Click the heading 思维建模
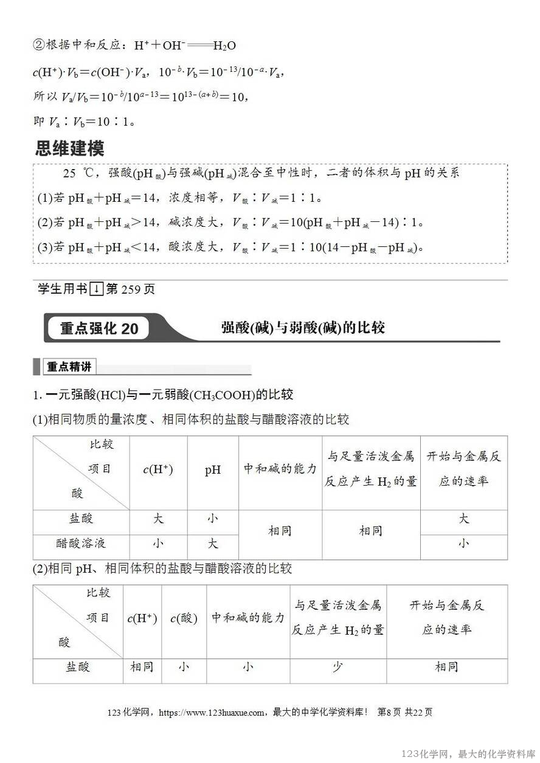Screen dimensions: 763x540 (x=70, y=148)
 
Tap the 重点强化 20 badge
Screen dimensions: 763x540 (x=99, y=329)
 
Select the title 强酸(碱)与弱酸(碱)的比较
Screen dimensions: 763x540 (x=303, y=328)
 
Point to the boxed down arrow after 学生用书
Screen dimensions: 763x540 (x=96, y=289)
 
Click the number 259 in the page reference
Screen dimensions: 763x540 (x=131, y=289)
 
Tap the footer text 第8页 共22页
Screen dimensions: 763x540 (x=405, y=713)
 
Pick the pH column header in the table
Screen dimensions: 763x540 (x=212, y=470)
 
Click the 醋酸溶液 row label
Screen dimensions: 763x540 (x=81, y=543)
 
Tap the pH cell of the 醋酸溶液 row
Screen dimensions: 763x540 (x=212, y=543)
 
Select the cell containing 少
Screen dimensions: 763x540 (x=337, y=667)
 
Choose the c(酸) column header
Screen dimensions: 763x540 (x=184, y=618)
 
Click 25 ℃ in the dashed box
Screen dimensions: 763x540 (x=78, y=173)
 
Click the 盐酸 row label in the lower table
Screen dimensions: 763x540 (x=78, y=667)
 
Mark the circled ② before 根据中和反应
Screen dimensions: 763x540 (x=38, y=46)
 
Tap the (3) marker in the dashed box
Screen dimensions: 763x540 (x=44, y=247)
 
